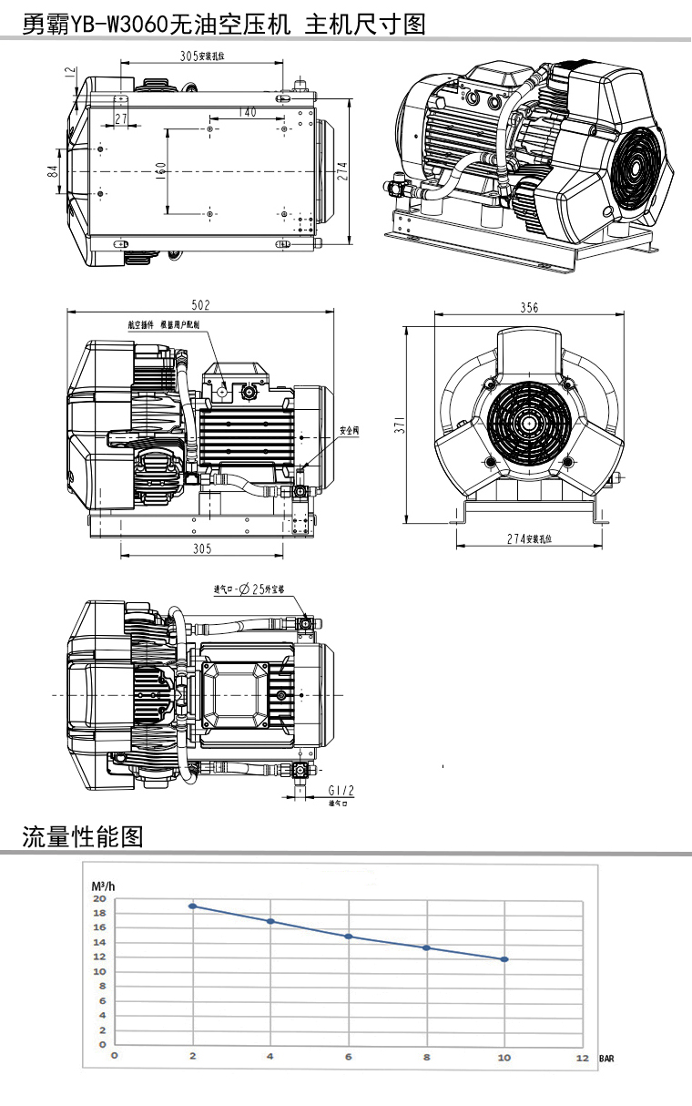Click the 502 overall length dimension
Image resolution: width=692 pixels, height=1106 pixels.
coord(200,304)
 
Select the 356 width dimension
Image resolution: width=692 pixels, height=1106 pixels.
coord(529,308)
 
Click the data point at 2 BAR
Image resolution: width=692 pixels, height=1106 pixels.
coord(192,906)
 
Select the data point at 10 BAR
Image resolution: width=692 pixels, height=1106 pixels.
coord(504,959)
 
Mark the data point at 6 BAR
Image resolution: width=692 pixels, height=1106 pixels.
coord(349,937)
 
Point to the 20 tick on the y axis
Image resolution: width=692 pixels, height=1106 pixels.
coord(99,898)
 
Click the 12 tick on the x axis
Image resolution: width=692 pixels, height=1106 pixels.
coord(582,1057)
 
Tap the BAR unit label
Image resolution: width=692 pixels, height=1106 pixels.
coord(606,1059)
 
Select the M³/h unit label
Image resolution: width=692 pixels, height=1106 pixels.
coord(102,886)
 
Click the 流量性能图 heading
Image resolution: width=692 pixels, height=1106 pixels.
coord(83,835)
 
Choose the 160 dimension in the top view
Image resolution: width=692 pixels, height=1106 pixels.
coord(160,171)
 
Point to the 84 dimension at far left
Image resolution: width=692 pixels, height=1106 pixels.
coord(54,170)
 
